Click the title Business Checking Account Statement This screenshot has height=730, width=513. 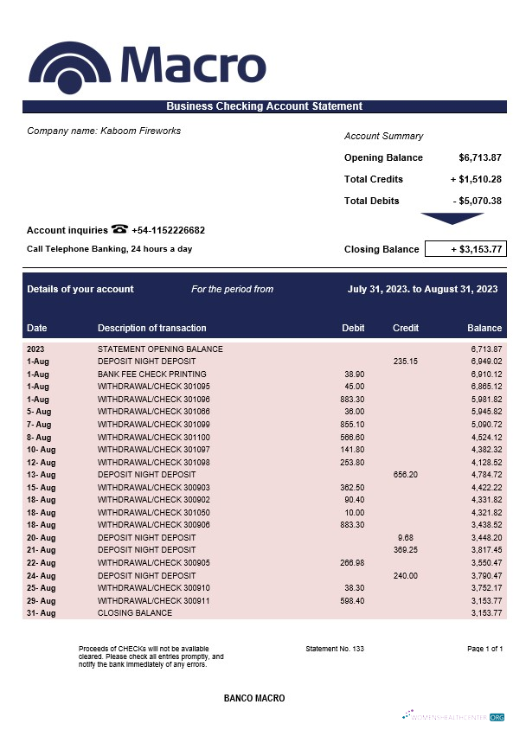264,106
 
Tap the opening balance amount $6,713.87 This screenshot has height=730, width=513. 480,157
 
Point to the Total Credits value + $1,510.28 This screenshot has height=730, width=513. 476,179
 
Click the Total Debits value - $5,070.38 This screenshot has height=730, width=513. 478,201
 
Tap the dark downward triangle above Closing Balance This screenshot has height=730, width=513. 452,219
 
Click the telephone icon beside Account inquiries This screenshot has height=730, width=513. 119,230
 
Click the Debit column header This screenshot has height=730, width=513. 353,328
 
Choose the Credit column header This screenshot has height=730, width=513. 406,328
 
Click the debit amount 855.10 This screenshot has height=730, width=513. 352,425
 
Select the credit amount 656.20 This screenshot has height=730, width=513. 406,474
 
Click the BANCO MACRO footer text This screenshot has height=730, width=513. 254,698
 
